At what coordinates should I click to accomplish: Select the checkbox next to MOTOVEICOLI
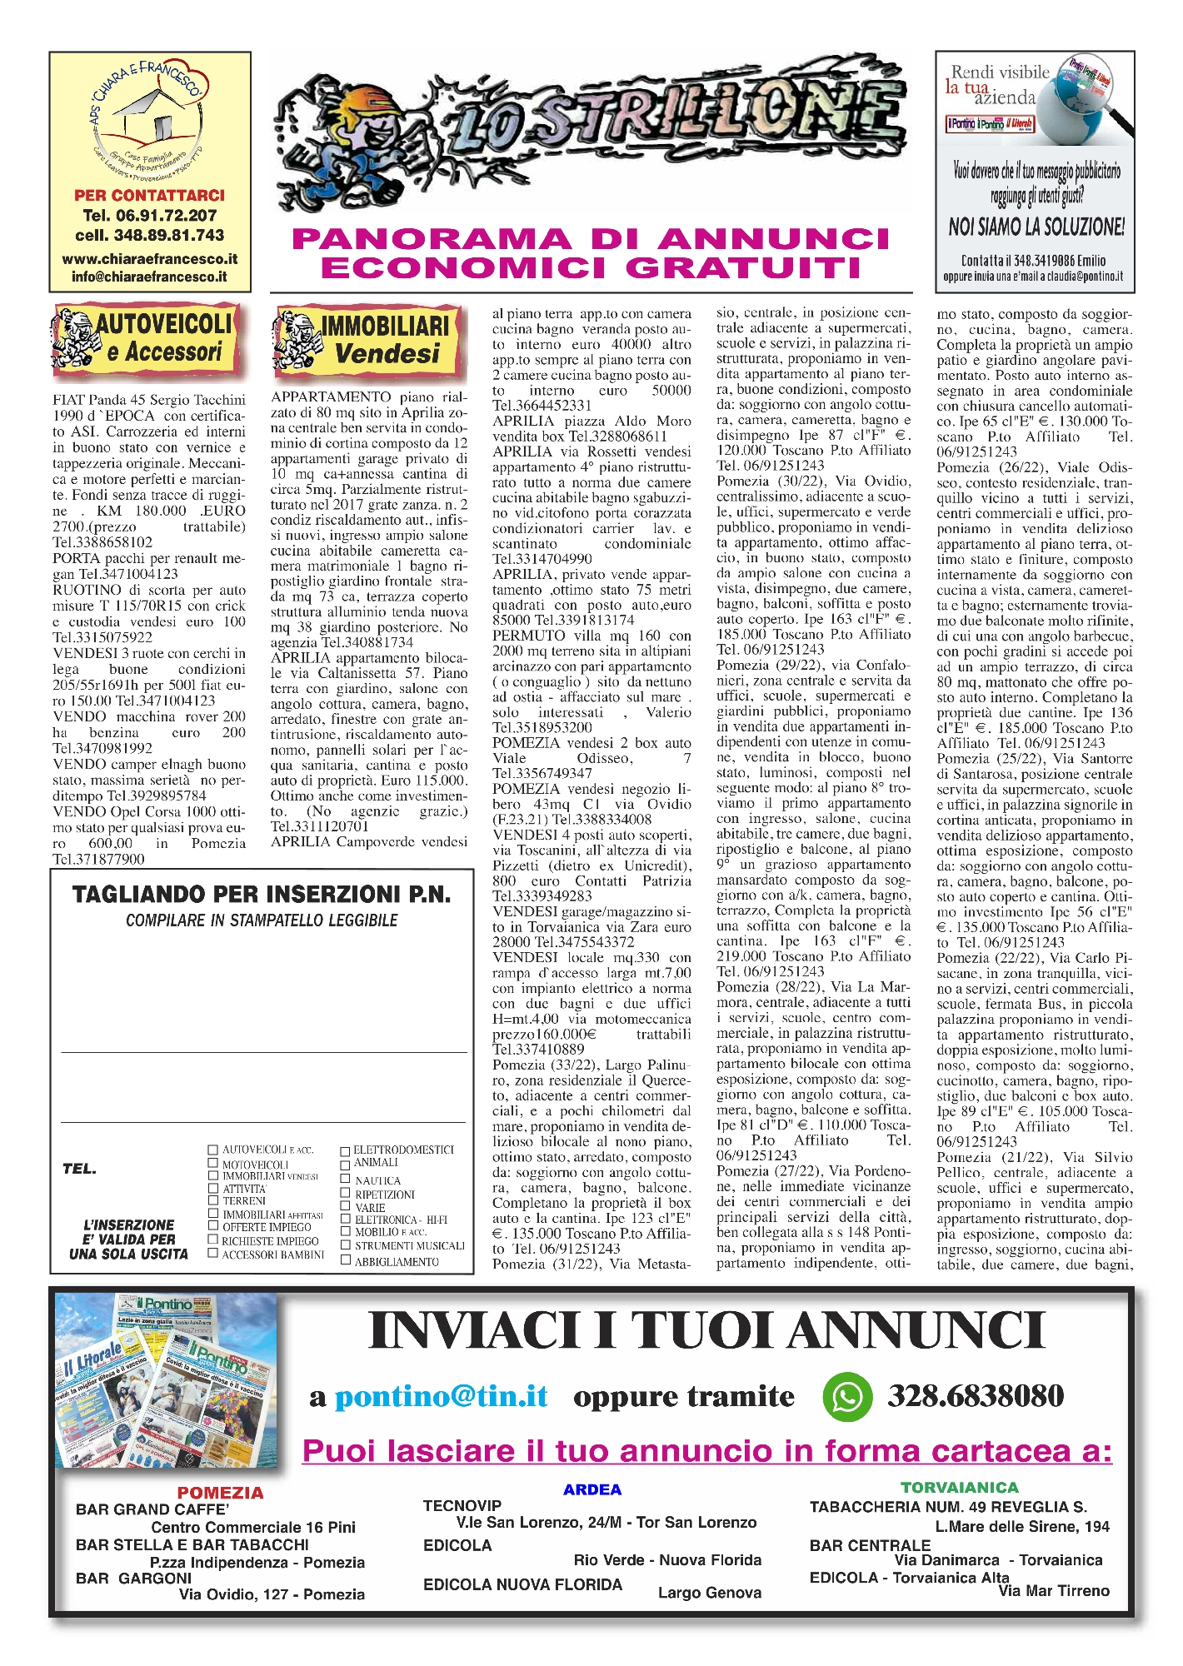pos(213,1163)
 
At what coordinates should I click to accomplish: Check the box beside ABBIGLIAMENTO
pos(345,1260)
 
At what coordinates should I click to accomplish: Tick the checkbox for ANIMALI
pos(345,1164)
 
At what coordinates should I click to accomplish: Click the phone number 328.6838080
pos(976,1396)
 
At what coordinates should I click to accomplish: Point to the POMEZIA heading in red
pos(220,1493)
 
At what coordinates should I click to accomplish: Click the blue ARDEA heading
pos(592,1489)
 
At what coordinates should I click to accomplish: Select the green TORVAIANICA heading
pos(959,1487)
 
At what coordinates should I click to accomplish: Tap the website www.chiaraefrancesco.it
pos(150,259)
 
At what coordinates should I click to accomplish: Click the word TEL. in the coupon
pos(80,1169)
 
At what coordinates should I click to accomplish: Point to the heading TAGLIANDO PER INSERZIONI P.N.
pos(262,895)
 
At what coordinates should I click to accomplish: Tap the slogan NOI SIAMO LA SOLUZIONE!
pos(1036,227)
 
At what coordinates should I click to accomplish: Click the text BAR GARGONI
pos(133,1578)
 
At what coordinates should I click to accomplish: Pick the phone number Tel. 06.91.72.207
pos(150,215)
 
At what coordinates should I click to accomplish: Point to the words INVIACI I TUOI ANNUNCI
pos(706,1330)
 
